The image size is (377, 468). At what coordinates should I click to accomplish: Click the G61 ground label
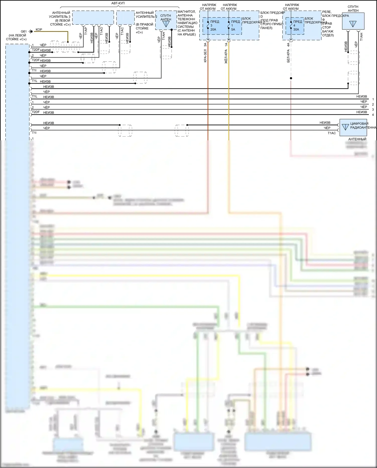[24, 31]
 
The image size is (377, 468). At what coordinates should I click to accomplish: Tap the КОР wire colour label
[39, 30]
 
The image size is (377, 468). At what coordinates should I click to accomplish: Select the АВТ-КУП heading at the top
[118, 3]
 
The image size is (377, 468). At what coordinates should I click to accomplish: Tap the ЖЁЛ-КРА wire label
[226, 56]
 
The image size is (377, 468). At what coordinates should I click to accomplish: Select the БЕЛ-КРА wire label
[288, 56]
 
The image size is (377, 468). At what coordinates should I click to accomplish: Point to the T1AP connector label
[86, 31]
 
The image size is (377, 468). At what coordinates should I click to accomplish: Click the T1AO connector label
[101, 31]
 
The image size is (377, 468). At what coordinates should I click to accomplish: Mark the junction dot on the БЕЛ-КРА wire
[291, 78]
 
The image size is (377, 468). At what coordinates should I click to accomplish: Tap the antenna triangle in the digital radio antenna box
[345, 127]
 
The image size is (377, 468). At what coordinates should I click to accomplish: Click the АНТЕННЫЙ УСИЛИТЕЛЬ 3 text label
[60, 19]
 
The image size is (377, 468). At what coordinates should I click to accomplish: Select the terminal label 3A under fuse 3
[205, 45]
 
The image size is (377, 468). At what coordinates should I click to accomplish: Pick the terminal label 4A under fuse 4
[288, 45]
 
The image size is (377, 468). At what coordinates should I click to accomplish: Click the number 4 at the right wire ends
[373, 115]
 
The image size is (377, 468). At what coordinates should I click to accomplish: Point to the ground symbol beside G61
[31, 31]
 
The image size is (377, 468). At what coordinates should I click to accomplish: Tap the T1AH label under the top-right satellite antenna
[361, 37]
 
